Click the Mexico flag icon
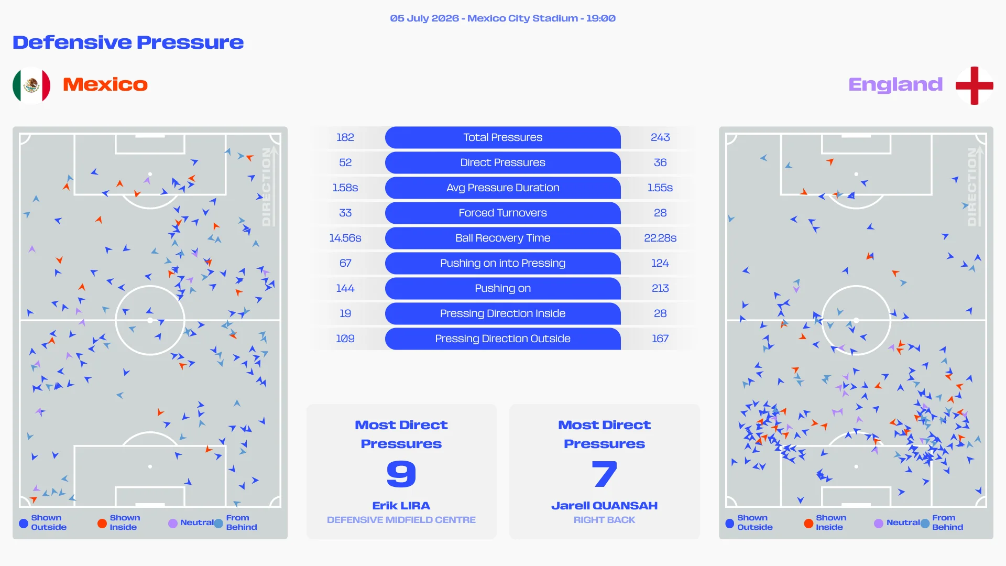pyautogui.click(x=31, y=85)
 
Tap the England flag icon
pyautogui.click(x=974, y=85)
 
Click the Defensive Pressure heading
pyautogui.click(x=128, y=42)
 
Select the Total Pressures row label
pyautogui.click(x=502, y=137)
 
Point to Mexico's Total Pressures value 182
pyautogui.click(x=345, y=137)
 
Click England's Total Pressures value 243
pyautogui.click(x=660, y=137)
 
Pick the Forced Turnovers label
pyautogui.click(x=502, y=213)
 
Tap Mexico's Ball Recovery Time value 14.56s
pyautogui.click(x=345, y=238)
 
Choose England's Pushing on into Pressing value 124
pyautogui.click(x=660, y=263)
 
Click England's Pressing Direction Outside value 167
pyautogui.click(x=660, y=339)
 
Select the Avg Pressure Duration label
pyautogui.click(x=502, y=188)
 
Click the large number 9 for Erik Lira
pyautogui.click(x=401, y=474)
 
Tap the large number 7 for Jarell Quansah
pyautogui.click(x=605, y=474)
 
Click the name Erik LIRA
pyautogui.click(x=401, y=506)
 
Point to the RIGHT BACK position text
pyautogui.click(x=605, y=520)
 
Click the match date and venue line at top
pyautogui.click(x=503, y=18)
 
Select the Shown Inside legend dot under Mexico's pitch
pyautogui.click(x=102, y=523)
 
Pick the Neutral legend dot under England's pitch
pyautogui.click(x=879, y=523)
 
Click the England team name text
pyautogui.click(x=895, y=84)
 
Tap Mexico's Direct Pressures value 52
pyautogui.click(x=345, y=162)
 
